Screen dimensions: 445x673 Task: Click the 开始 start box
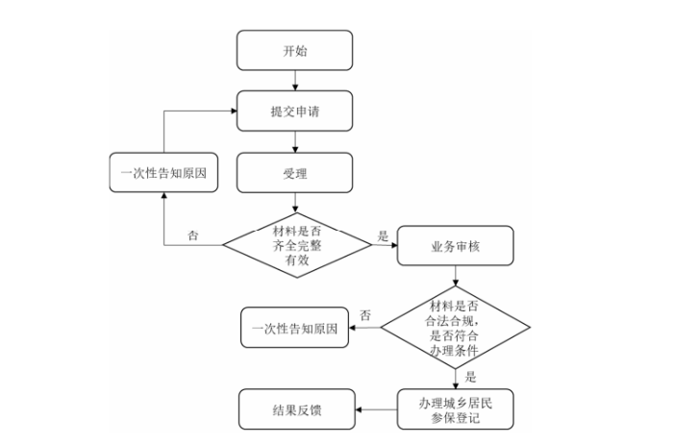pos(294,50)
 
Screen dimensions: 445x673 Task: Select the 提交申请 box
pos(294,111)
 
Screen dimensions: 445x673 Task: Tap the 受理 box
pos(294,174)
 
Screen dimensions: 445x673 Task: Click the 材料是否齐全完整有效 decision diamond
pos(296,244)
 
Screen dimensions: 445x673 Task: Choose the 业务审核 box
pos(454,246)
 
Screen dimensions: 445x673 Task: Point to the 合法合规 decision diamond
pos(456,328)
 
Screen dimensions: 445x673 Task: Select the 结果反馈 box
pos(295,409)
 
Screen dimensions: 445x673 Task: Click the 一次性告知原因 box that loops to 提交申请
pos(163,174)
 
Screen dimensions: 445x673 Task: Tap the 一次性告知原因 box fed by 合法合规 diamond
pos(295,329)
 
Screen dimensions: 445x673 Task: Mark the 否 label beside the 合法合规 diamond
pos(365,315)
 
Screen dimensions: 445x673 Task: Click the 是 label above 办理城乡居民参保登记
pos(470,378)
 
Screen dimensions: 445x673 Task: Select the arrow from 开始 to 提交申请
pos(294,81)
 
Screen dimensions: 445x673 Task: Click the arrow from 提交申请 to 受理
pos(294,142)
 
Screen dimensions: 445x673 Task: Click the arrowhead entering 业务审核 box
pos(393,245)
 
